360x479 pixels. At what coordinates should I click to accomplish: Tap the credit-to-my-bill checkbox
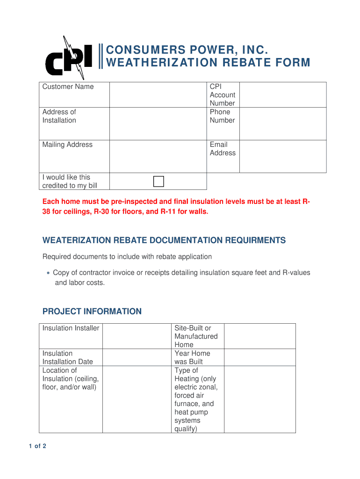tap(159, 181)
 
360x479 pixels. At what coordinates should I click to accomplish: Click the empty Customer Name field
tap(158, 94)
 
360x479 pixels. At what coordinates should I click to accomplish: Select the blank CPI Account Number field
tap(283, 94)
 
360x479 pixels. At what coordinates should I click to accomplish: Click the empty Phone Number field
tap(283, 123)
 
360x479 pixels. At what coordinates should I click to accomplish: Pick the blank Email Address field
tap(283, 156)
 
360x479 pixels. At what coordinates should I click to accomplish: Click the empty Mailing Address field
tap(158, 156)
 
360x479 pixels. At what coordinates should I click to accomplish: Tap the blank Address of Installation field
tap(158, 123)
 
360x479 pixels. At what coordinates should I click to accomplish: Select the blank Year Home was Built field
tap(259, 357)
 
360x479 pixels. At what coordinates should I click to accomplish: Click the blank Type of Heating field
tap(259, 399)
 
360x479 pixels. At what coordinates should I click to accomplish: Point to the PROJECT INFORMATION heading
tap(92, 312)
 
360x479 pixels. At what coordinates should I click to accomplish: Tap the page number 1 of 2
tap(37, 446)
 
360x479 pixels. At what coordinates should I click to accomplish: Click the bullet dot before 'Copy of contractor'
tap(48, 273)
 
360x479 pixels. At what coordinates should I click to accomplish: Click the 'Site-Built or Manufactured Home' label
tap(196, 336)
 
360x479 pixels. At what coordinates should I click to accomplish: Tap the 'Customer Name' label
tap(68, 87)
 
